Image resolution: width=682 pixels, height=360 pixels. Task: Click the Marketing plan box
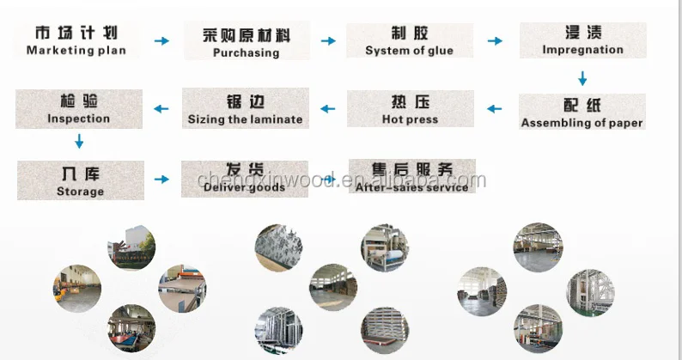pos(76,40)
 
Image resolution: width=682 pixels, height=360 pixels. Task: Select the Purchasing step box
pos(247,41)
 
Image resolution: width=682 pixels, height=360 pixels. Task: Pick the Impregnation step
pos(582,40)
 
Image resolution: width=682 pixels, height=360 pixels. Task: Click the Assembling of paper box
pos(582,113)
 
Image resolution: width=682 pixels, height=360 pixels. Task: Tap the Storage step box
pos(79,180)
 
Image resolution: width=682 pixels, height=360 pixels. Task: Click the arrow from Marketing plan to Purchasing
pos(161,40)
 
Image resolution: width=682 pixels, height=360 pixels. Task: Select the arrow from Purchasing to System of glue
pos(327,40)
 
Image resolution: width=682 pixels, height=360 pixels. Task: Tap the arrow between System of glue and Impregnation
pos(495,40)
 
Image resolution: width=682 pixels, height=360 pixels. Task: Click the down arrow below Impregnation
pos(582,79)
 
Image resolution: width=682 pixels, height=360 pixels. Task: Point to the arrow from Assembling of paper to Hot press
pos(494,108)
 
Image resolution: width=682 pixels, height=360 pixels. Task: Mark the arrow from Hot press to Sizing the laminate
pos(327,108)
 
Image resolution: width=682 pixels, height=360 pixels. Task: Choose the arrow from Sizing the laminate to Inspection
pos(161,108)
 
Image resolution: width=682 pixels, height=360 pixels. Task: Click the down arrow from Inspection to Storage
pos(80,142)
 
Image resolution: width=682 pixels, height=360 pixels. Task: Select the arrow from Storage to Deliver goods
pos(161,180)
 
